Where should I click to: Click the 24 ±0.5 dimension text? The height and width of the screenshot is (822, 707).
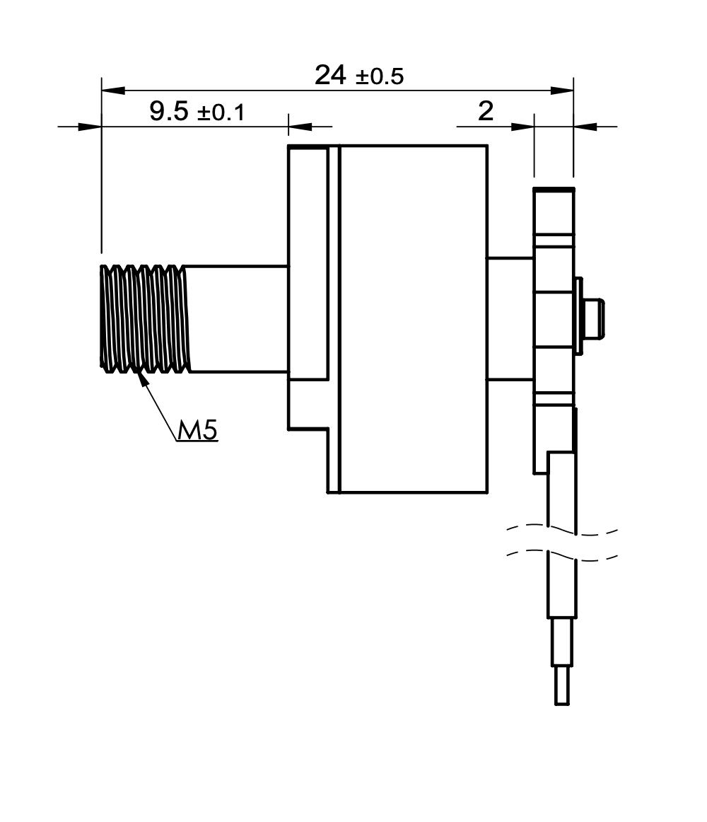coord(359,76)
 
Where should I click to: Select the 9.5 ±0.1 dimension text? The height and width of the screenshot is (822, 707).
coord(197,112)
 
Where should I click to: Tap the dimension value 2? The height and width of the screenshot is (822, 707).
coord(486,111)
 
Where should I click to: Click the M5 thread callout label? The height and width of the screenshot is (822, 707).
coord(197,430)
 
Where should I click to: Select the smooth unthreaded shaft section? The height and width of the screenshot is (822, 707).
coord(238,319)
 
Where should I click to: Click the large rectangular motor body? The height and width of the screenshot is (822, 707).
coord(414,319)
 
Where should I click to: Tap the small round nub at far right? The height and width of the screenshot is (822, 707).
coord(594,318)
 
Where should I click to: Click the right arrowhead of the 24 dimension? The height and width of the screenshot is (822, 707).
coord(562,90)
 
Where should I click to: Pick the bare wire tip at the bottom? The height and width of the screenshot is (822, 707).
coord(562,685)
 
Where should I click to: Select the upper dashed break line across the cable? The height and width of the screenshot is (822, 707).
coord(562,529)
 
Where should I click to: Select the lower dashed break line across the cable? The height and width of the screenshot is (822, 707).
coord(562,556)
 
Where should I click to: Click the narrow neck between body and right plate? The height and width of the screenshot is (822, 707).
coord(510,318)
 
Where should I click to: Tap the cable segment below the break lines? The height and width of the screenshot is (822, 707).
coord(562,588)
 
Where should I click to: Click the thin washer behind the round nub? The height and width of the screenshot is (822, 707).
coord(578,316)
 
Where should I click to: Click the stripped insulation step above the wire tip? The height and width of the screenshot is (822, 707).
coord(562,642)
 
